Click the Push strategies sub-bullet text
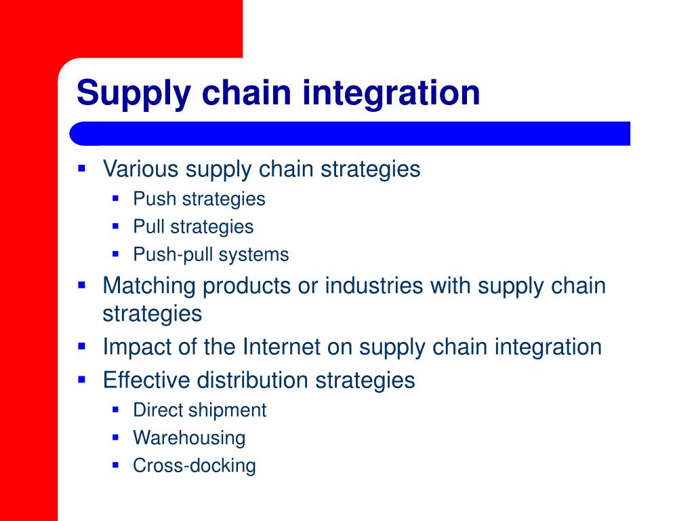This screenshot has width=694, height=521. (199, 199)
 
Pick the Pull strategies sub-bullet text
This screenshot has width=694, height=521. (193, 227)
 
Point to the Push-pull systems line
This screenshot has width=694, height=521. (211, 255)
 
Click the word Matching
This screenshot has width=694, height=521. (150, 286)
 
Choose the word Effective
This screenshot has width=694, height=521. (146, 380)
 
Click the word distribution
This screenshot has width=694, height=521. (253, 380)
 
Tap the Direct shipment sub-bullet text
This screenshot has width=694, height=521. (200, 410)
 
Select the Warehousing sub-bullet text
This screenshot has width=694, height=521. (189, 438)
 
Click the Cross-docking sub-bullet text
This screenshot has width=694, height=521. (195, 466)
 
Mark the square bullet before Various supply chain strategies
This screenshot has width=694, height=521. (82, 167)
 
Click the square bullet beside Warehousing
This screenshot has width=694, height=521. (116, 437)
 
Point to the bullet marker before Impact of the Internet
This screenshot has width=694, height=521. (82, 345)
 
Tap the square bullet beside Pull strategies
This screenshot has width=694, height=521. (116, 226)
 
